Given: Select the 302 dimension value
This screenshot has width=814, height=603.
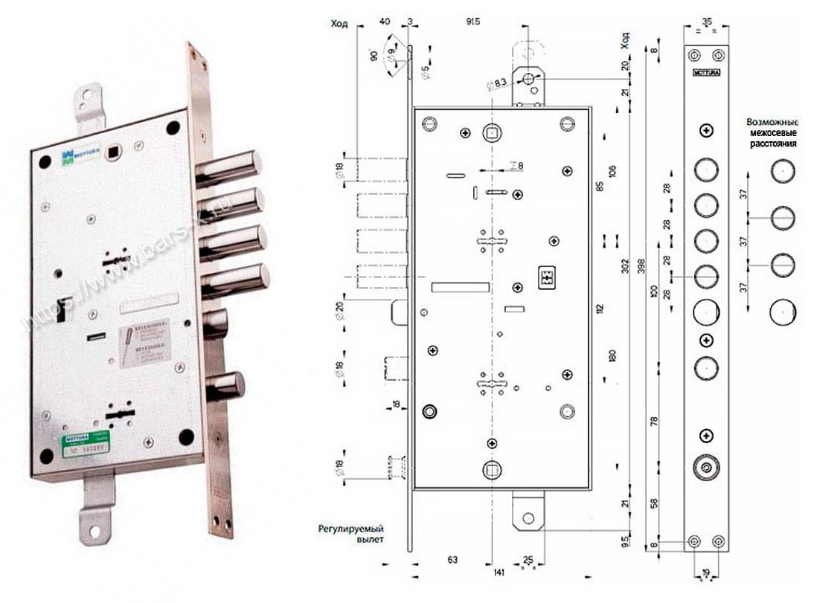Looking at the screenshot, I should pyautogui.click(x=625, y=265).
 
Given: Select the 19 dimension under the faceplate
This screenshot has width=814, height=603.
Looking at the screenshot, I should pyautogui.click(x=705, y=574).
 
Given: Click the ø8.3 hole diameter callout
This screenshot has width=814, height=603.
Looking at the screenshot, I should pyautogui.click(x=499, y=83).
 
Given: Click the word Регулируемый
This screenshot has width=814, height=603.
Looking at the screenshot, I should pyautogui.click(x=350, y=529).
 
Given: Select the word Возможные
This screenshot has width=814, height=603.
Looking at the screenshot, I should pyautogui.click(x=772, y=121).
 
